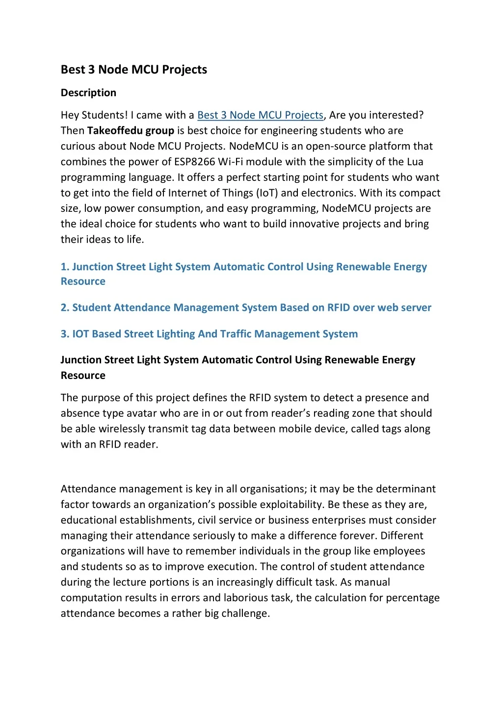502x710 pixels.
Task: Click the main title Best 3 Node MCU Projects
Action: (x=133, y=70)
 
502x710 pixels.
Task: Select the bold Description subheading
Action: (x=88, y=93)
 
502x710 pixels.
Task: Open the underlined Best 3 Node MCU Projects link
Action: (x=260, y=115)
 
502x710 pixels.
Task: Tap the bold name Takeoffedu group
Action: (x=131, y=130)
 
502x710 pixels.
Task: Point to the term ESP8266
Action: (x=195, y=162)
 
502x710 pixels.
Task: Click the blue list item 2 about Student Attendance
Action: (x=246, y=307)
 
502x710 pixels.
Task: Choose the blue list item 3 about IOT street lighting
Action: (x=209, y=334)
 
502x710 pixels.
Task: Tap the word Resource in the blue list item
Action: (x=83, y=281)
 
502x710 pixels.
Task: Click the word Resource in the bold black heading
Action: (x=83, y=376)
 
